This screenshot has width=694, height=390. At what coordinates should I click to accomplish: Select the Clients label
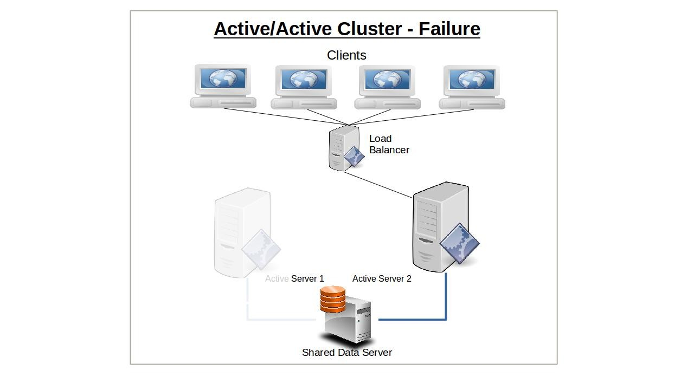pyautogui.click(x=346, y=55)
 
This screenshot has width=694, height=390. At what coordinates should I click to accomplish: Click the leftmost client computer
pyautogui.click(x=223, y=87)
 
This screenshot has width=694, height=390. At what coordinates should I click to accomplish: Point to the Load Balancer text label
pyautogui.click(x=389, y=144)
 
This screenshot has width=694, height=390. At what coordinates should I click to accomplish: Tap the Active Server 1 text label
pyautogui.click(x=294, y=278)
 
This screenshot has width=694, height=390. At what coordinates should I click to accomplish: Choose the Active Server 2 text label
pyautogui.click(x=382, y=278)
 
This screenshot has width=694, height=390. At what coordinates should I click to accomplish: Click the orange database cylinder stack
pyautogui.click(x=333, y=300)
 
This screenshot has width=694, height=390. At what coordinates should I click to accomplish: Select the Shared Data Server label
pyautogui.click(x=347, y=353)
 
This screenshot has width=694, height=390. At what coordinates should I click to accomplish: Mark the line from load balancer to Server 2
pyautogui.click(x=378, y=185)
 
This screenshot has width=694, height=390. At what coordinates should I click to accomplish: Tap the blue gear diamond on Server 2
pyautogui.click(x=459, y=244)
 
